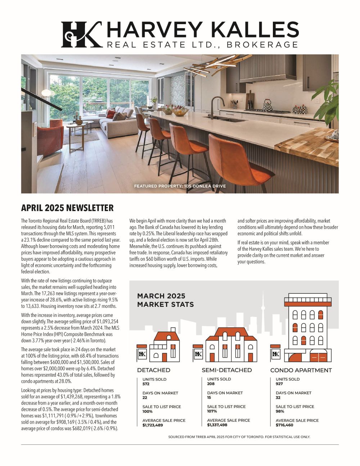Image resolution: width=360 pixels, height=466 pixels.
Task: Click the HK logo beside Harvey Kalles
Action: click(x=81, y=34)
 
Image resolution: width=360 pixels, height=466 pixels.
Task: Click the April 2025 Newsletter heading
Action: click(x=67, y=208)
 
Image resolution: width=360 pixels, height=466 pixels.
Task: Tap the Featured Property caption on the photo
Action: click(x=180, y=186)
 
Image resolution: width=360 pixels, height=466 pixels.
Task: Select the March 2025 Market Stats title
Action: click(x=165, y=300)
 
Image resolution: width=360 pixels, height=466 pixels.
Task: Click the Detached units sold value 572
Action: click(x=146, y=384)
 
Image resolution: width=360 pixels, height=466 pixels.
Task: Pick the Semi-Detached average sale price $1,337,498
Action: click(x=217, y=425)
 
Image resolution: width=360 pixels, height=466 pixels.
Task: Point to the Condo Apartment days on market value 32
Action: click(x=279, y=398)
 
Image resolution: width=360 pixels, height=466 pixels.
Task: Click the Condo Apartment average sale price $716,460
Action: click(x=284, y=425)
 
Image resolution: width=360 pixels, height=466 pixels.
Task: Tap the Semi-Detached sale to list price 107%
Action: click(x=212, y=411)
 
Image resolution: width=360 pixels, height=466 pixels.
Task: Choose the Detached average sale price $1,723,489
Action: click(x=153, y=425)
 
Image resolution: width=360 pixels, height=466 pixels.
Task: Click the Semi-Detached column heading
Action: click(x=226, y=370)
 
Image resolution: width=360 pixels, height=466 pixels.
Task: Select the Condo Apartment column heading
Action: click(x=301, y=370)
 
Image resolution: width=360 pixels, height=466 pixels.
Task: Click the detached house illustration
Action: click(x=163, y=346)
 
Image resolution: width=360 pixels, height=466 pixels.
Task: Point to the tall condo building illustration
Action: click(x=308, y=328)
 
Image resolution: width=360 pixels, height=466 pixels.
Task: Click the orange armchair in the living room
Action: click(x=50, y=139)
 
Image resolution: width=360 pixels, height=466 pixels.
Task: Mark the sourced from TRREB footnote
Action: click(x=239, y=437)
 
